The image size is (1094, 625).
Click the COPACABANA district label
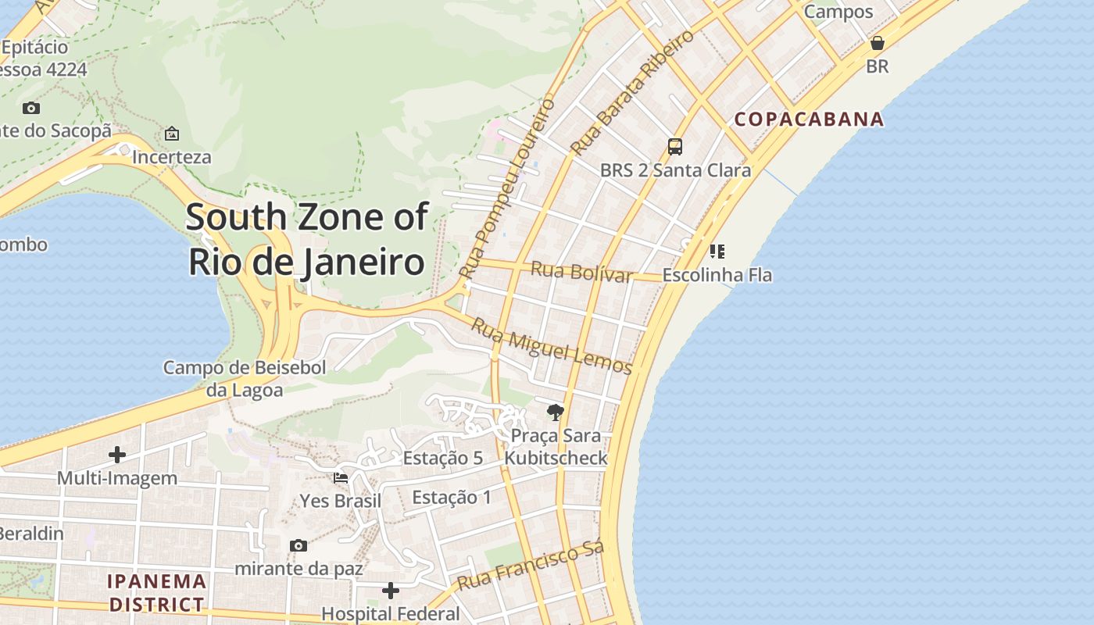[809, 120]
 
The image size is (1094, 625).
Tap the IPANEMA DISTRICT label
[157, 593]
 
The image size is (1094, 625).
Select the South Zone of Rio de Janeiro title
[307, 239]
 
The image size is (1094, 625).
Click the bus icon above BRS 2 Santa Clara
[675, 147]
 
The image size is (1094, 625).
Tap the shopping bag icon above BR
[878, 43]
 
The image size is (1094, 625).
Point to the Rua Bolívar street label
[581, 273]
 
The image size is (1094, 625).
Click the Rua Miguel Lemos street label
[551, 345]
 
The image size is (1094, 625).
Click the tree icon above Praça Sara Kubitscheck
[556, 412]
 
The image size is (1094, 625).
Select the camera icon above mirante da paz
[298, 545]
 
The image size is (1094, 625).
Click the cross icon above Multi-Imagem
[117, 455]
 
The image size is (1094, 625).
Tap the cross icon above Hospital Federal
[391, 591]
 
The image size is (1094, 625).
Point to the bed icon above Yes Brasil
[341, 477]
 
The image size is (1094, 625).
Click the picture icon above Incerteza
[172, 134]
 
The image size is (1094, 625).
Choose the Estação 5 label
[442, 458]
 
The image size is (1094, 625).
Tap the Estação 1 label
[452, 497]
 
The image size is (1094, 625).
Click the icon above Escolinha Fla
[717, 252]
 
